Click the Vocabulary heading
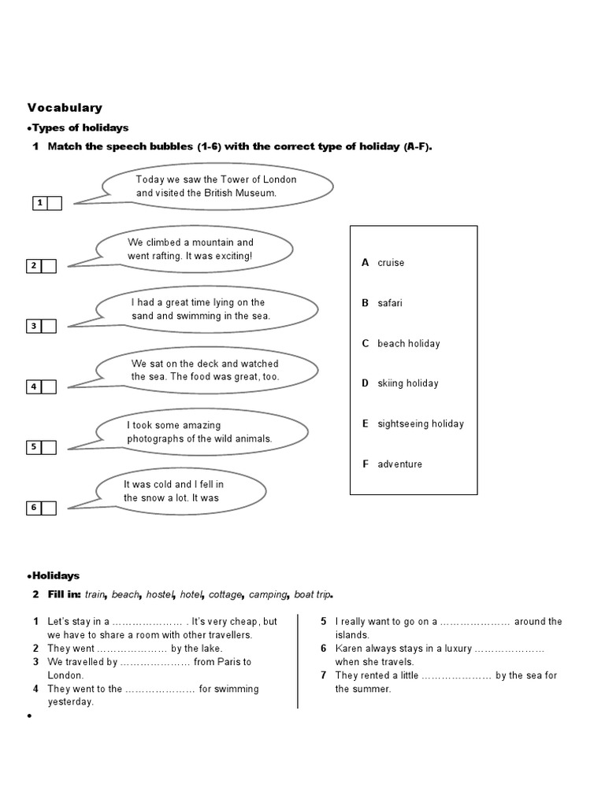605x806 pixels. [x=65, y=108]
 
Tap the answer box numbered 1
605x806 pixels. [x=54, y=204]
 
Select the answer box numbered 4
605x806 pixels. [x=49, y=386]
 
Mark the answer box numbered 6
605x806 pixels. [x=49, y=508]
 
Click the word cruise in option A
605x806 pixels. [x=391, y=263]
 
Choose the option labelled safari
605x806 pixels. [x=390, y=303]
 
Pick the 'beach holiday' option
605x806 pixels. [x=408, y=343]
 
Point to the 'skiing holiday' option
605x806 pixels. [x=407, y=383]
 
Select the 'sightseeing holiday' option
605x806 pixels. [x=421, y=423]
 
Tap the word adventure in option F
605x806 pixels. [x=399, y=464]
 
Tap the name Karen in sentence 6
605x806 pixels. [x=349, y=649]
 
